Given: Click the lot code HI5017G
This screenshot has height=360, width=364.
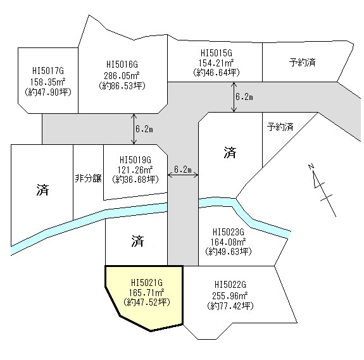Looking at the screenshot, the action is pos(48,71).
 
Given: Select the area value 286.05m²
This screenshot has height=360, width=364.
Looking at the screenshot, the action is pos(122,76).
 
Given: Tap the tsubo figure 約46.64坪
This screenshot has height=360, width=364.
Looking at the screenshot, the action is pos(216,73).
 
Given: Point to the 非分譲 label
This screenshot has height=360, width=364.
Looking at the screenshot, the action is pos(88,178).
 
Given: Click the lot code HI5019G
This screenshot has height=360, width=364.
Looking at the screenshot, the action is pos(135,160).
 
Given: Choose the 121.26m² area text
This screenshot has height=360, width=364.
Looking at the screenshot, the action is pos(135,170).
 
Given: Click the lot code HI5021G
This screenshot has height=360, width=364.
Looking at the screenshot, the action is pos(147,283).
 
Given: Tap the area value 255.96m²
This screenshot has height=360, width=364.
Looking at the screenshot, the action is pos(230,295).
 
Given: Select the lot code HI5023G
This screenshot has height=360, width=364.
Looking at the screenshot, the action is pos(229,232).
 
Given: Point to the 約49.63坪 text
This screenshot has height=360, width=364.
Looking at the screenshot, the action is pos(229,251).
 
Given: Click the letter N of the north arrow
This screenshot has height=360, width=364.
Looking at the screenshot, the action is pos(311,166).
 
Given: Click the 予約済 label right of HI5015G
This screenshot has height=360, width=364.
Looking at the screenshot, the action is pos(302,63).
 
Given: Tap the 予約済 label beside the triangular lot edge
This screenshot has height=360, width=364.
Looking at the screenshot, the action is pos(280,127).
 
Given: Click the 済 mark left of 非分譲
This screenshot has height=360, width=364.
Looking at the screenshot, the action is pos(42,190).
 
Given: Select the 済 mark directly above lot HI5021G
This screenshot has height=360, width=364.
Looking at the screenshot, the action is pos(137,241).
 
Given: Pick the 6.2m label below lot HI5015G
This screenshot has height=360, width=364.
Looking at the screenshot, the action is pos(244,97).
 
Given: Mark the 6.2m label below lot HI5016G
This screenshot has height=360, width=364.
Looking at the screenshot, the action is pos(144,129).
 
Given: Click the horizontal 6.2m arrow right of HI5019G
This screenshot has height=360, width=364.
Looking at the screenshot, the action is pos(183,175).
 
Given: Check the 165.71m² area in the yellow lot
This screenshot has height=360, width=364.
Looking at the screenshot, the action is pos(147,292).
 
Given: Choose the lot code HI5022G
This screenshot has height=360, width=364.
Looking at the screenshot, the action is pos(230,285).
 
